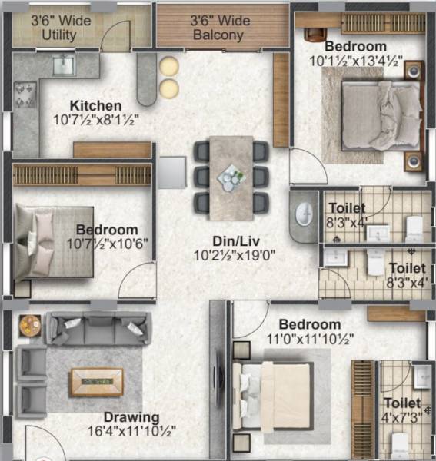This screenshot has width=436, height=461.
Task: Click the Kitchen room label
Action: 95,105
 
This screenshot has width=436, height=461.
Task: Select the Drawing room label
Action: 131,417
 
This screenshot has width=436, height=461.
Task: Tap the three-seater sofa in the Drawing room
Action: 97,330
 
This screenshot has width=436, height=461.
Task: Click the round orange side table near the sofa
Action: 29,323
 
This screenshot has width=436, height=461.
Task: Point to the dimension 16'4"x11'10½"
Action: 131,432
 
